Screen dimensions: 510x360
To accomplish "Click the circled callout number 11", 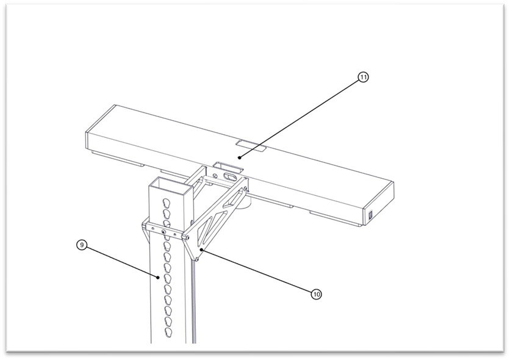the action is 363,77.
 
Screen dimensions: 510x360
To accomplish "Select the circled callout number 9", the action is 82,245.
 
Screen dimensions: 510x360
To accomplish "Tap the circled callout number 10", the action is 316,294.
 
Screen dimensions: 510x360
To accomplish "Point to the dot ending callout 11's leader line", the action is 239,157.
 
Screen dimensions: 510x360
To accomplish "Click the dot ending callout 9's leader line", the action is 158,278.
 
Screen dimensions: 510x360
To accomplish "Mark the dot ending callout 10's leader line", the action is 202,250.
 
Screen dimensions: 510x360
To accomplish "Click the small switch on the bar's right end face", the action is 370,215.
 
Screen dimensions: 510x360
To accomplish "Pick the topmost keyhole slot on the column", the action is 167,204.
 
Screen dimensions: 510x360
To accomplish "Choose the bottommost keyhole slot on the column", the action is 168,332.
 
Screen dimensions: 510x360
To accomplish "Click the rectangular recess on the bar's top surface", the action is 251,146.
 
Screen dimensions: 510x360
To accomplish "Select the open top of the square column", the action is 170,184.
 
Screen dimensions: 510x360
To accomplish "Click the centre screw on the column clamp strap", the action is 163,232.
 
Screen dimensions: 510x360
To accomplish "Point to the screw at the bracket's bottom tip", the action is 197,259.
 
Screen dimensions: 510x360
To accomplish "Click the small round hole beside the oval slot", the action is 215,176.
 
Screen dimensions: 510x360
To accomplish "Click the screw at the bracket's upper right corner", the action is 246,189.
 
